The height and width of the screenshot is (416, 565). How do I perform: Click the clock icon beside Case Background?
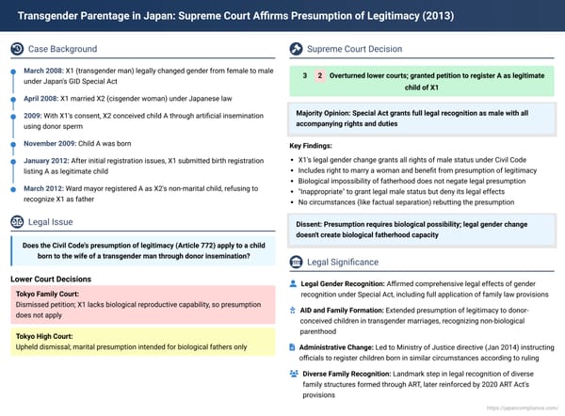(x=18, y=48)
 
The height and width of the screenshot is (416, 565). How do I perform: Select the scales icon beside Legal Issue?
(x=18, y=221)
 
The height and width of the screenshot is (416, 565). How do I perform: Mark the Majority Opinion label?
(x=325, y=114)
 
